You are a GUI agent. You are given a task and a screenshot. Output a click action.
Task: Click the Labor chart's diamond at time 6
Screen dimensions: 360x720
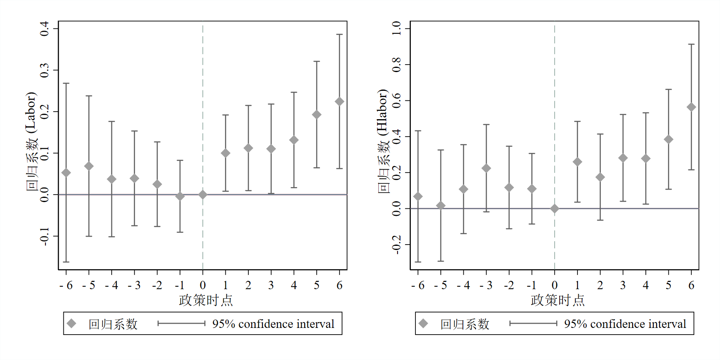[x=340, y=102]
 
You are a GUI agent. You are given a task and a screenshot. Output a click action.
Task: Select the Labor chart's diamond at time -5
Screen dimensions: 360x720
[x=89, y=166]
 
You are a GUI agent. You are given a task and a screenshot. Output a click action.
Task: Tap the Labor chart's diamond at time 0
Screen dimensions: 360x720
[x=203, y=195]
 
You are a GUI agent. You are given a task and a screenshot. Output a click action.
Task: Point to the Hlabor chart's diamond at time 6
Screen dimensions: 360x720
[x=691, y=107]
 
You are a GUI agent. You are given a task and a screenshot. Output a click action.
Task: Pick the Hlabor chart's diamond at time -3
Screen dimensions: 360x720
[x=486, y=168]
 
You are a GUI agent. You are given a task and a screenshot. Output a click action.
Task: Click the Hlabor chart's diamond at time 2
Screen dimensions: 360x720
[x=600, y=177]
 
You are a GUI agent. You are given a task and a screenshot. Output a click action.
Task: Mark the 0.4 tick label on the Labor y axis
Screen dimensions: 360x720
[x=44, y=29]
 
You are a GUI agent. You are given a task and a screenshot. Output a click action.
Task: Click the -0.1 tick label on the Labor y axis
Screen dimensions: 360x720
[x=44, y=236]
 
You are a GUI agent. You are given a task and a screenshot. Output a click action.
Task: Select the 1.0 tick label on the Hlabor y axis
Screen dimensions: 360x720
[x=396, y=28]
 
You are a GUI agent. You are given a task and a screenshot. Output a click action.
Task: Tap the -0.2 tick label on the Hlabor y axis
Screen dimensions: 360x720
[x=396, y=244]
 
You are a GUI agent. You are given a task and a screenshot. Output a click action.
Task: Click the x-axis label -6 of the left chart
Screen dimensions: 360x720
[x=66, y=285]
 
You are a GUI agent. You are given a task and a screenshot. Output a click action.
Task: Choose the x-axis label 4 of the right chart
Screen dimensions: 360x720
[x=646, y=285]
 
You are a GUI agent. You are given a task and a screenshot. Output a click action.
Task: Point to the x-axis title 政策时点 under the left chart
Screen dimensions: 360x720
[x=206, y=300]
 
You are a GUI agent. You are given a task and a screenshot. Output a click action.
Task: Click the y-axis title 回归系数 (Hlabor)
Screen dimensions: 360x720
[x=383, y=141]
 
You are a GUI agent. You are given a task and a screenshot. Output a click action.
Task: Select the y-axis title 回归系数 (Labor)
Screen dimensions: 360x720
[x=31, y=141]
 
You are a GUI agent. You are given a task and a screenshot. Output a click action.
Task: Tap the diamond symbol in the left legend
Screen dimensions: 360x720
[x=72, y=323]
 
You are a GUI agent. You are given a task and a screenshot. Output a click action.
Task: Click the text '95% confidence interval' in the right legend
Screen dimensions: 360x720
[x=625, y=324]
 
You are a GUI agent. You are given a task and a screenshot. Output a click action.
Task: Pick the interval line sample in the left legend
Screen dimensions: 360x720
[x=182, y=323]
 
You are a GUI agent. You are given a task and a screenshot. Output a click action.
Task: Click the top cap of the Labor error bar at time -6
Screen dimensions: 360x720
[x=66, y=83]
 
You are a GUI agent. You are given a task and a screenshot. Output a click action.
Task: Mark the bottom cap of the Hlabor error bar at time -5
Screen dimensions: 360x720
[x=440, y=261]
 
